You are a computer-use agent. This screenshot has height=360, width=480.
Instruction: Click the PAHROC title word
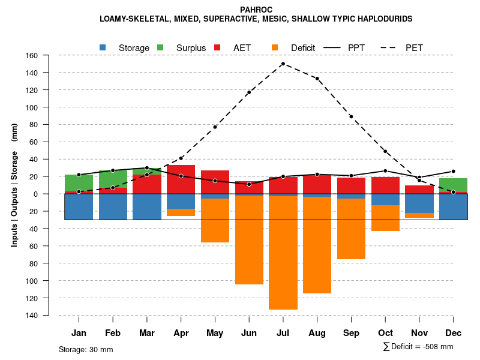[256, 10]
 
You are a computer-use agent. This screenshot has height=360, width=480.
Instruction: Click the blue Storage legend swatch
[103, 47]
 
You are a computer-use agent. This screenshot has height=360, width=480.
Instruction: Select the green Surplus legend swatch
[160, 47]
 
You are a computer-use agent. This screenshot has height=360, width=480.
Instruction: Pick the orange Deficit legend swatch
[275, 47]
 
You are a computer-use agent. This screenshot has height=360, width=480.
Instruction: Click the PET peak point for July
[283, 64]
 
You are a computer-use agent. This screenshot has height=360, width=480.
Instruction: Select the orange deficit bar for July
[283, 252]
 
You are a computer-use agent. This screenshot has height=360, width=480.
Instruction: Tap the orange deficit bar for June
[249, 240]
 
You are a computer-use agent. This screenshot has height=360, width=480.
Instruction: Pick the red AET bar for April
[181, 179]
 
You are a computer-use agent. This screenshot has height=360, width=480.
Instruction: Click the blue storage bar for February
[113, 206]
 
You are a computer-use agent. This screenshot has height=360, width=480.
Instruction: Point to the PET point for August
[317, 79]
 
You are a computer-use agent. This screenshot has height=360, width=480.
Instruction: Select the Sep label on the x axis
[351, 333]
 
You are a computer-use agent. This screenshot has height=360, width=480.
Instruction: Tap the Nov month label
[419, 333]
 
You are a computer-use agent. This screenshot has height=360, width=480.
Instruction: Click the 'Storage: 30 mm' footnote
[86, 349]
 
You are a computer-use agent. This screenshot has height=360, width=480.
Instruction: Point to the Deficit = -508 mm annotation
[418, 347]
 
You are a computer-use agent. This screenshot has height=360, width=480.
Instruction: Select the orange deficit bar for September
[351, 228]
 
